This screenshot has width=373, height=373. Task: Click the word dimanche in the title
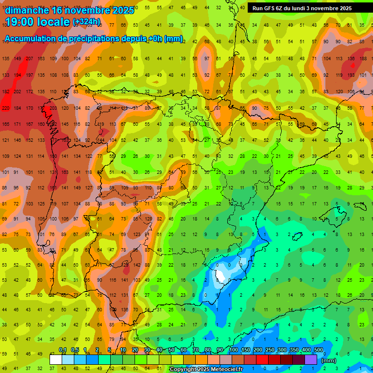click(27, 10)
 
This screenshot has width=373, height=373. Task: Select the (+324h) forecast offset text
click(86, 22)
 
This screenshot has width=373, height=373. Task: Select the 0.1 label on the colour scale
click(63, 350)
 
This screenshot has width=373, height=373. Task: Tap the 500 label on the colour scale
click(319, 350)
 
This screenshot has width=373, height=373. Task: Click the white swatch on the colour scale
click(56, 359)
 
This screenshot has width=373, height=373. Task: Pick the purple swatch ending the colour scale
click(311, 359)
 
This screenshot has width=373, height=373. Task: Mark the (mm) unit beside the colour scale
click(329, 360)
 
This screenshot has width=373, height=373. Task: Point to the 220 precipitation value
click(6, 108)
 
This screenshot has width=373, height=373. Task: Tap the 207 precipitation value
click(29, 59)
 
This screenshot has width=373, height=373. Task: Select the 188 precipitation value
click(363, 59)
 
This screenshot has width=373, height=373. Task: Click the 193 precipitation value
click(351, 75)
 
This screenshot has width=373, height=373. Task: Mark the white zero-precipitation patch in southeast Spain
click(221, 276)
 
